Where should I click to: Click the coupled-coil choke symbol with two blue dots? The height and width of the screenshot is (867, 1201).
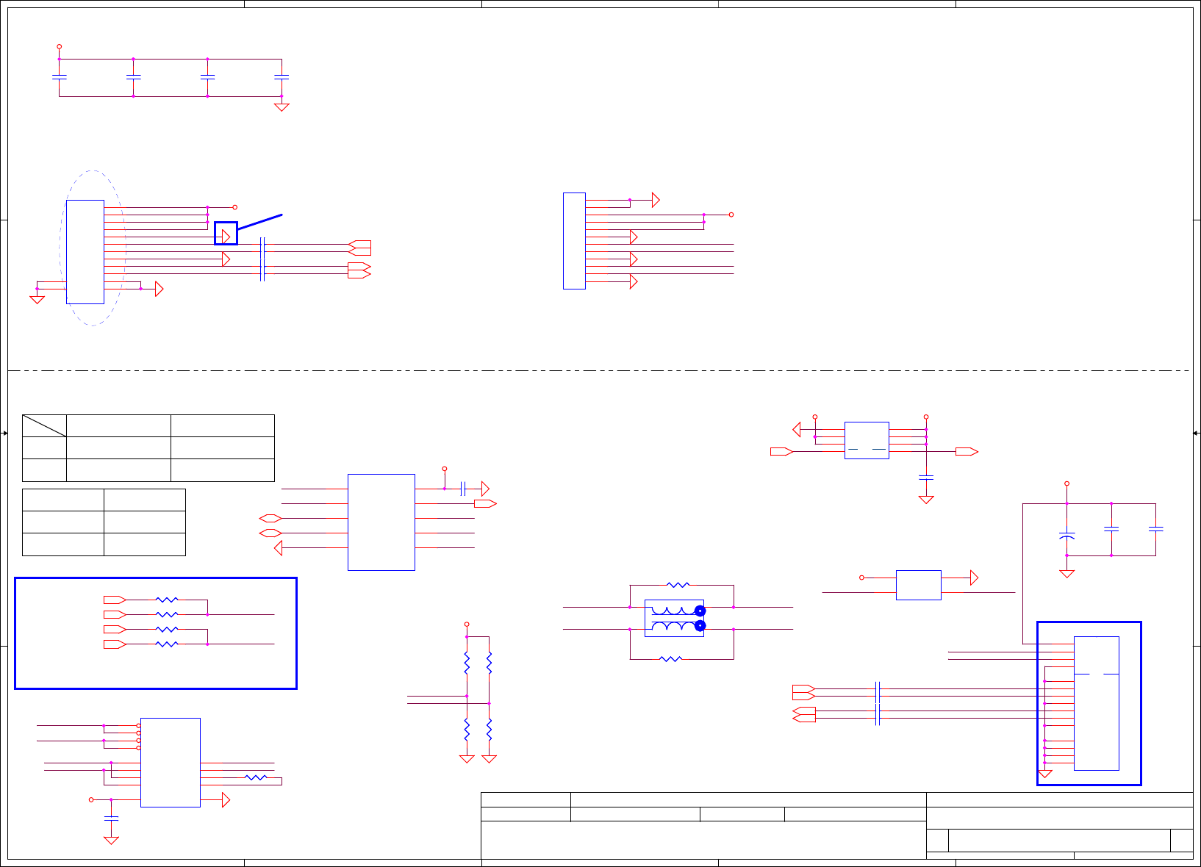click(x=674, y=618)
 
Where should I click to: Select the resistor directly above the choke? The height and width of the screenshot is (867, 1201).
click(x=678, y=585)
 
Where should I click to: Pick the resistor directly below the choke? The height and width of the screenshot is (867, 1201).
click(x=670, y=659)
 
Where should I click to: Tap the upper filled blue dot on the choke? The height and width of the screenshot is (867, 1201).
click(x=700, y=611)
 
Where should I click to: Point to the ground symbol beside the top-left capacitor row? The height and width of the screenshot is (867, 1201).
click(x=282, y=107)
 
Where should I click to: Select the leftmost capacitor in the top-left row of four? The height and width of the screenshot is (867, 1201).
click(x=60, y=76)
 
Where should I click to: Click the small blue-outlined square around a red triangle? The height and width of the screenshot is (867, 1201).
click(x=226, y=234)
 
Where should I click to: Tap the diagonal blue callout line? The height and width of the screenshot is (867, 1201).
click(x=260, y=222)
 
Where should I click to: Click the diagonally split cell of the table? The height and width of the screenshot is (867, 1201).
click(x=44, y=425)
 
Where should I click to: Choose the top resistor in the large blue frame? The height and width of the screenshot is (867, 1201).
click(x=167, y=600)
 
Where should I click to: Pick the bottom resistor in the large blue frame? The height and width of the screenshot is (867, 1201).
click(x=167, y=644)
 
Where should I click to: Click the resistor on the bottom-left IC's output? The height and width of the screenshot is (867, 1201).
click(x=256, y=777)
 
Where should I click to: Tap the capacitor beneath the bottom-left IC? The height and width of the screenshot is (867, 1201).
click(x=111, y=818)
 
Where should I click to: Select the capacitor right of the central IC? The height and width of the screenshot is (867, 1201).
click(x=463, y=489)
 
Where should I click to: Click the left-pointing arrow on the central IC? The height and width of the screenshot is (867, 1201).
click(x=279, y=548)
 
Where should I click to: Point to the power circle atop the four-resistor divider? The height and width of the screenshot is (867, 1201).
click(x=467, y=624)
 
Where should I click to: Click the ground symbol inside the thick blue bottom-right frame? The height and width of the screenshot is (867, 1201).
click(x=1044, y=774)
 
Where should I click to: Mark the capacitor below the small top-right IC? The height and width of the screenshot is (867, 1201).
click(x=926, y=478)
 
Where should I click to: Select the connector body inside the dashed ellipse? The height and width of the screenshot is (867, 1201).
click(x=85, y=251)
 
